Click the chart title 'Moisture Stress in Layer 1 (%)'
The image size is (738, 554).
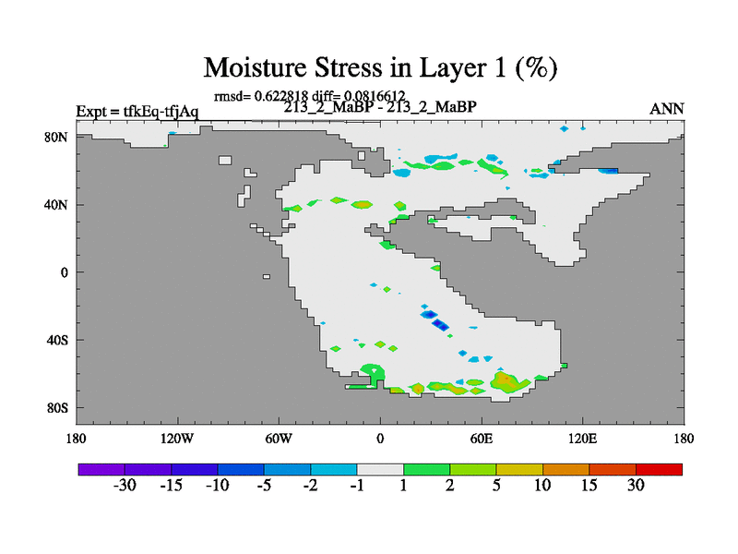point(380,67)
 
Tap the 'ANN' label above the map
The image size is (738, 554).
point(666,109)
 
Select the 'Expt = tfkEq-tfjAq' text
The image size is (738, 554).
point(137,112)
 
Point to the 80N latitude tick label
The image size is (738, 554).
point(56,137)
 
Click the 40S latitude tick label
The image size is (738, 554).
point(57,340)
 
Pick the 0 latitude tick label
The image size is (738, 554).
point(64,272)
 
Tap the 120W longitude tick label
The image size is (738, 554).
point(177,439)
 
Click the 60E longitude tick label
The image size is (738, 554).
point(482,439)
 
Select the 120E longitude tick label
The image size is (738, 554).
point(583,439)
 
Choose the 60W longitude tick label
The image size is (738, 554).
point(279,439)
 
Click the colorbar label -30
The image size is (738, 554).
point(125,485)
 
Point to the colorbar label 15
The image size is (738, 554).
point(589,485)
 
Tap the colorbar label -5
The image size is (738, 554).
point(264,485)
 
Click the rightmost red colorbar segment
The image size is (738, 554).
point(659,469)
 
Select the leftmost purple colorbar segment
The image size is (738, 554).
point(101,469)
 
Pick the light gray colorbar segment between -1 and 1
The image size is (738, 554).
point(380,469)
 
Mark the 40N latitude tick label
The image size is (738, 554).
point(56,205)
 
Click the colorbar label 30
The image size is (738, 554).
point(636,485)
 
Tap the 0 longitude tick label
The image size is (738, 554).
point(380,439)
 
